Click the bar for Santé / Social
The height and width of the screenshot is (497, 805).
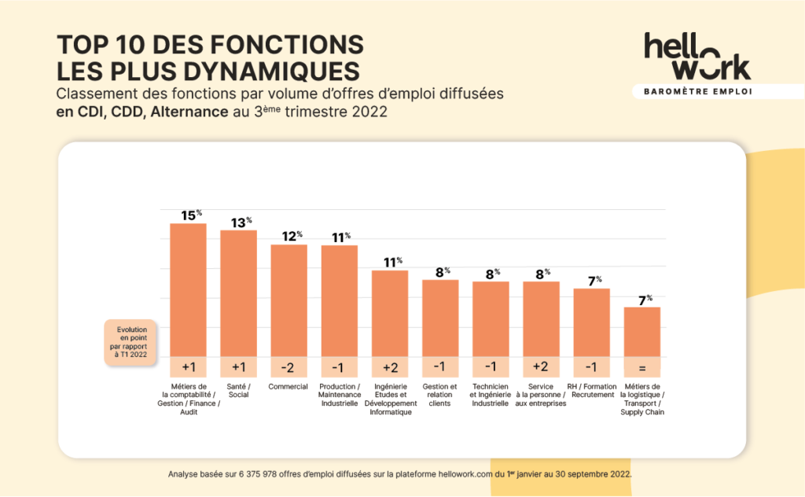[x=238, y=293]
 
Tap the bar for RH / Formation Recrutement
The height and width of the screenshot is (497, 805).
[x=591, y=322]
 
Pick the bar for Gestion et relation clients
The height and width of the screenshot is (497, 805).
[x=440, y=318]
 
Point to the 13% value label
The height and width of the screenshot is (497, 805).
[x=239, y=223]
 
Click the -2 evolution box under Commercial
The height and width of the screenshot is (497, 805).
[x=289, y=367]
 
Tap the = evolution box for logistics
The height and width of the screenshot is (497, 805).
[x=641, y=367]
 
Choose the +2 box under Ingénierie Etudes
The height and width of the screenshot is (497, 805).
[x=390, y=367]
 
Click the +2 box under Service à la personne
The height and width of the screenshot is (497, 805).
[x=541, y=367]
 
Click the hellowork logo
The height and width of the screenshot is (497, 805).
[x=697, y=57]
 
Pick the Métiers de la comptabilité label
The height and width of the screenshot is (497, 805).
[x=188, y=399]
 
